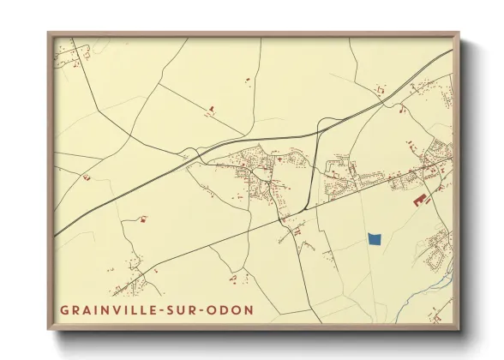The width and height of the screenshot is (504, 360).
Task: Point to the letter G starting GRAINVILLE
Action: [63, 309]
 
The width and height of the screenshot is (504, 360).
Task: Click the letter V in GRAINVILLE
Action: [112, 309]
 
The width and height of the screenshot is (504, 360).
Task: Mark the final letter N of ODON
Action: [249, 309]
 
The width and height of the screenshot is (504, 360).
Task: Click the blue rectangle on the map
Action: [374, 239]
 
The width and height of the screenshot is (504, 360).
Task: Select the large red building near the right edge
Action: [421, 200]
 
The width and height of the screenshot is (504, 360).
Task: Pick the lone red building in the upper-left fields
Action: [209, 108]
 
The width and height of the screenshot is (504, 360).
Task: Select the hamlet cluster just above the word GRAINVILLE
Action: [129, 281]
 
